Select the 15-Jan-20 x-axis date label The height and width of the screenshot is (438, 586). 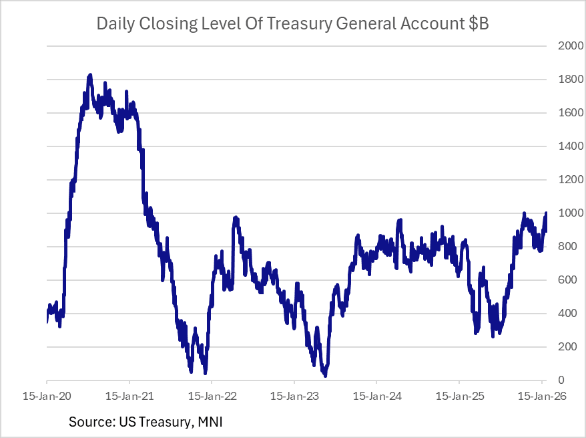[x=47, y=396]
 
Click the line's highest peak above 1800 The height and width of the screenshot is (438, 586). [x=90, y=76]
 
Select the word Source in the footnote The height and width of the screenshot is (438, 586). [x=89, y=423]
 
